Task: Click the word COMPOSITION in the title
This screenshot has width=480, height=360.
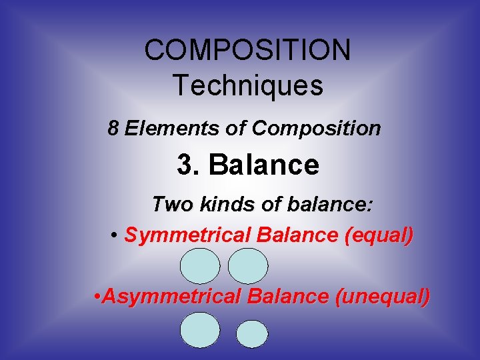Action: click(x=247, y=50)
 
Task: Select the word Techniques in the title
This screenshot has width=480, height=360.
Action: click(x=247, y=85)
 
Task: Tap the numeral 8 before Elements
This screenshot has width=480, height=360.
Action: click(x=113, y=128)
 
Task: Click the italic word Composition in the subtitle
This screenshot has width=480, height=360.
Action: click(x=316, y=128)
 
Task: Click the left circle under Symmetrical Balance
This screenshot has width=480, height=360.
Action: click(x=200, y=266)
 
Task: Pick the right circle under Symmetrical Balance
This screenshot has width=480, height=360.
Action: click(x=248, y=266)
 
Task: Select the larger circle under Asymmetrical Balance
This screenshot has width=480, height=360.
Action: click(x=200, y=330)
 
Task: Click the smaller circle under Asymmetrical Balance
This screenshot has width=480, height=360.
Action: click(x=252, y=334)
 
